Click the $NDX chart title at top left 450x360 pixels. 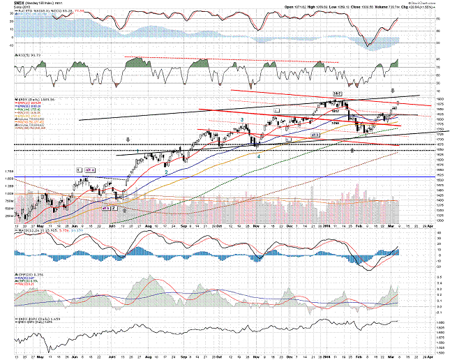coord(9,3)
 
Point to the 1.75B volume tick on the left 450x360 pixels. coord(9,171)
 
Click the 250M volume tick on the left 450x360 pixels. coord(10,216)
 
